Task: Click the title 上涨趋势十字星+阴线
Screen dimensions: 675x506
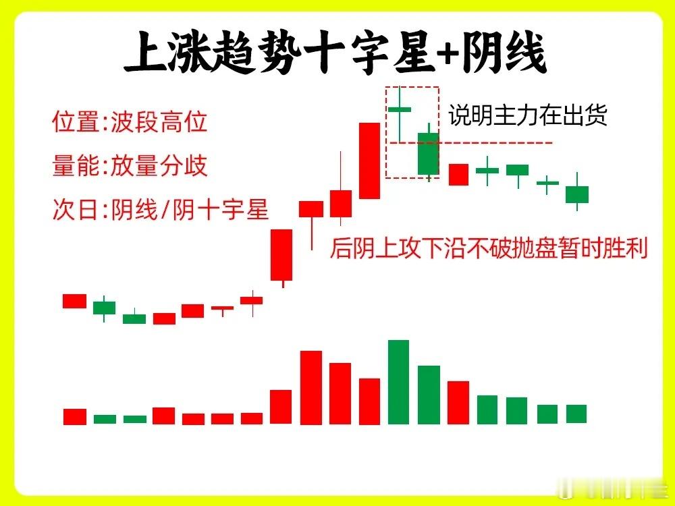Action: (x=335, y=53)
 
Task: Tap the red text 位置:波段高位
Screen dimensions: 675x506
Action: (x=130, y=121)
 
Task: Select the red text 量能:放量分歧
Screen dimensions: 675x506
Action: (x=130, y=166)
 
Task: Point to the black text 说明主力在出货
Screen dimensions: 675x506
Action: (x=528, y=115)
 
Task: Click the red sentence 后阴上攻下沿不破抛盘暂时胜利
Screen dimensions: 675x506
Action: (x=489, y=248)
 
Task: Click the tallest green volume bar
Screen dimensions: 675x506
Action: (x=399, y=382)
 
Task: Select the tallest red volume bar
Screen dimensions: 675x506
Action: (x=311, y=388)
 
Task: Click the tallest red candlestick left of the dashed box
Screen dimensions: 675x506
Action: (x=370, y=161)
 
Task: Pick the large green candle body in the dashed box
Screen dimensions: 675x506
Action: (x=429, y=154)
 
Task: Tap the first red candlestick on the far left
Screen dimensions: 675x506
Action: (x=74, y=301)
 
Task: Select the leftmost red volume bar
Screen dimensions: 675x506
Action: (x=75, y=417)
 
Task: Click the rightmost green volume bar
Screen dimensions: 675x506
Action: (x=576, y=414)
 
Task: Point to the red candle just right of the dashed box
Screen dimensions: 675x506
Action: (x=458, y=175)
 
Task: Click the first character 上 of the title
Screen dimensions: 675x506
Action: (x=145, y=53)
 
